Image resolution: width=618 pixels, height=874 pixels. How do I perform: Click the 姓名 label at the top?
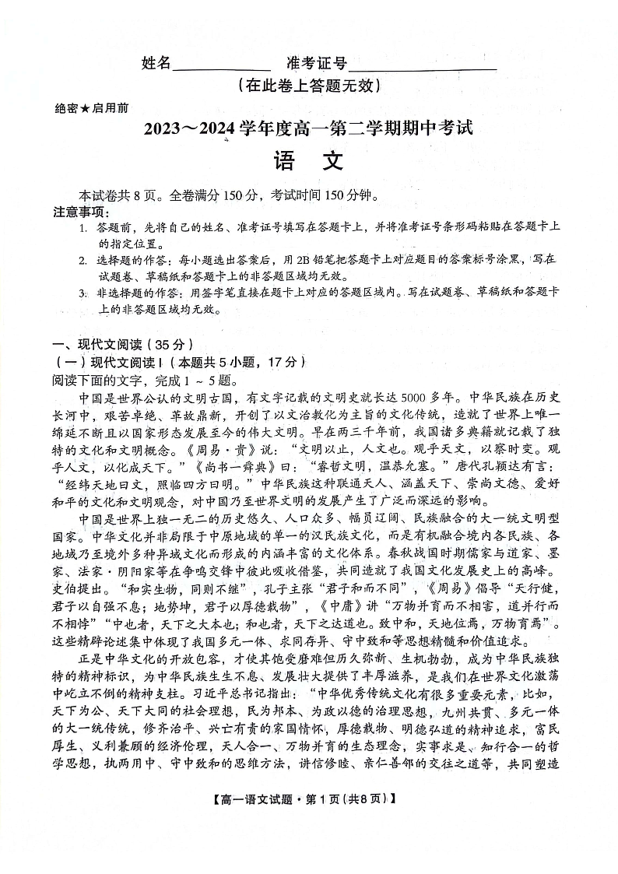pos(156,64)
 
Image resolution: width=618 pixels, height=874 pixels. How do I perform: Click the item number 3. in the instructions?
pos(83,293)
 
